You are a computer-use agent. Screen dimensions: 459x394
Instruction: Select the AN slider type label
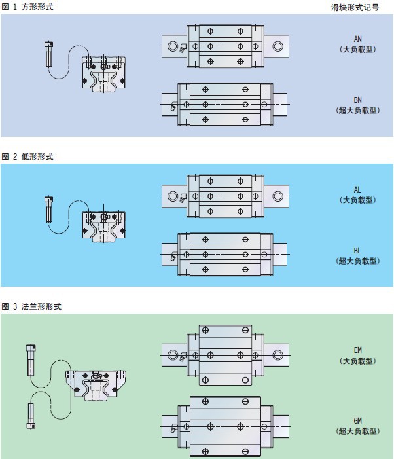click(357, 39)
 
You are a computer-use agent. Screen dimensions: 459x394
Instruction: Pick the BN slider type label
click(357, 100)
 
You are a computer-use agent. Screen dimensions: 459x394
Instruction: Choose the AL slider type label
click(357, 189)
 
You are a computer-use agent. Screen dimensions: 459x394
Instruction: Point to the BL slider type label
click(357, 250)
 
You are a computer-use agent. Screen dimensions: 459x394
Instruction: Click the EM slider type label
click(357, 350)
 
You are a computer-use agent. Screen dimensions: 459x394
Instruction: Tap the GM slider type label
click(357, 420)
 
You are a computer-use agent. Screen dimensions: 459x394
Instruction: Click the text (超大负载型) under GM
click(357, 430)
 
